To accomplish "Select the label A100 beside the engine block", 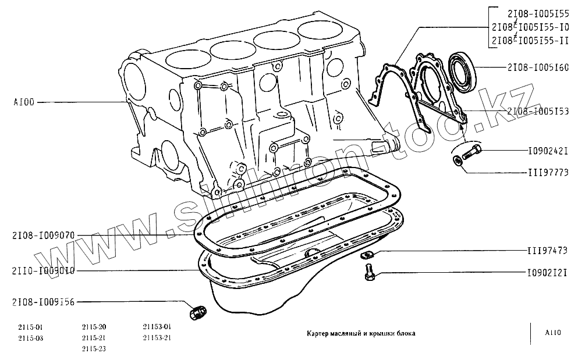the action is click(24, 102).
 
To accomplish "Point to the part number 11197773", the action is click(547, 173).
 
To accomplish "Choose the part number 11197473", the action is click(547, 251).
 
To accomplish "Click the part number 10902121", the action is click(547, 273).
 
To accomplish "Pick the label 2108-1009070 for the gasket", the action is click(43, 236).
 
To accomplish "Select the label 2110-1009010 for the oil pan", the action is click(43, 270).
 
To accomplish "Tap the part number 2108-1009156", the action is click(43, 302).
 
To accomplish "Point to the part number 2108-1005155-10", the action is click(530, 27).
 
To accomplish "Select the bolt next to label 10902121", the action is click(369, 272).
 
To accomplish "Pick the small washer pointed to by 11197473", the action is click(367, 254).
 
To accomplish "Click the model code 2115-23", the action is click(94, 348).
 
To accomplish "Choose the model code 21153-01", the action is click(157, 327).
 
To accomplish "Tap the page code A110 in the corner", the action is click(553, 333).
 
